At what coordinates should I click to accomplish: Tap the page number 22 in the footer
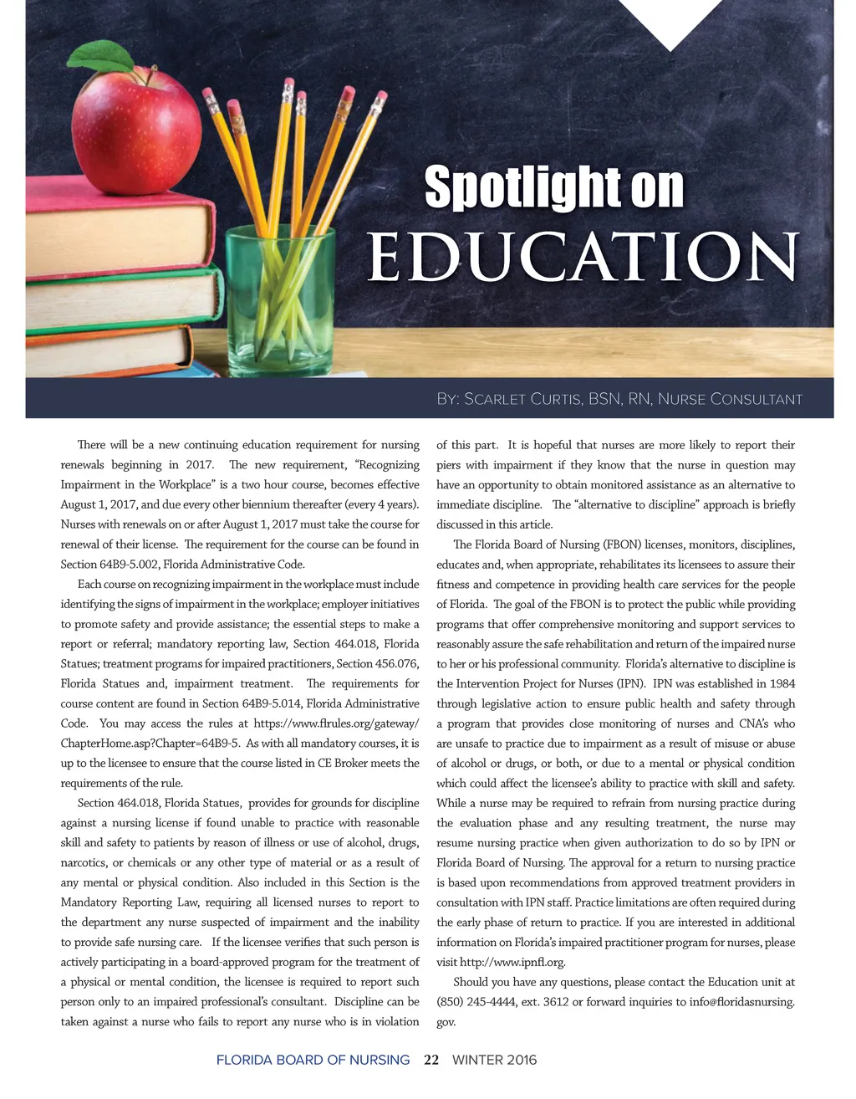(431, 1060)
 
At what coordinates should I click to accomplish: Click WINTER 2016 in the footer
(494, 1060)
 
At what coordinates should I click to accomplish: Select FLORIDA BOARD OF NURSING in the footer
(313, 1060)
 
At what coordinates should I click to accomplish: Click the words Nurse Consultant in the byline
(730, 399)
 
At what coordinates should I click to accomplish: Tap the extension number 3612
(556, 1002)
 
